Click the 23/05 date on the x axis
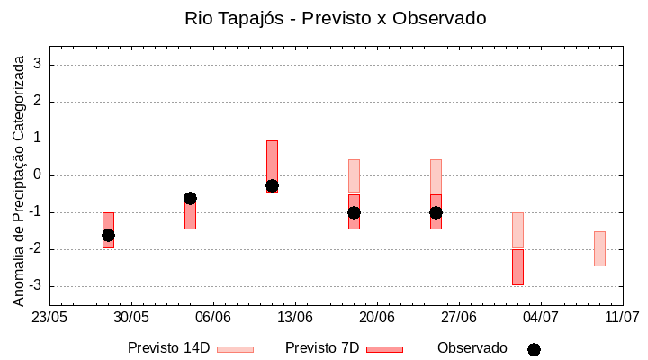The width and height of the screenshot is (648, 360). (x=49, y=318)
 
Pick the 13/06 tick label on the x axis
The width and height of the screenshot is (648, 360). (x=295, y=318)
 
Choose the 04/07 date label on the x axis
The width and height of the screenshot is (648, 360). (x=541, y=318)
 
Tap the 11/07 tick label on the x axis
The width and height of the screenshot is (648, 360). (x=622, y=318)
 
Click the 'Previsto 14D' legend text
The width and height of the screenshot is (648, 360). (x=168, y=348)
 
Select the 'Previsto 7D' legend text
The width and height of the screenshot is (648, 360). (x=322, y=348)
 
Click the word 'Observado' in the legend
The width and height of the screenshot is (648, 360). (x=472, y=348)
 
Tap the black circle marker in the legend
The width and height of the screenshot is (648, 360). (x=534, y=349)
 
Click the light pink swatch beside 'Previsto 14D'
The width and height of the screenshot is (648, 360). (x=235, y=349)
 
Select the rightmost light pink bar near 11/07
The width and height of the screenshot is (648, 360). (x=599, y=248)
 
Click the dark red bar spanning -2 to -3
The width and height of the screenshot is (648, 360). (x=517, y=267)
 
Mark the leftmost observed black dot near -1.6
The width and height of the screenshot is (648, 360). (x=108, y=235)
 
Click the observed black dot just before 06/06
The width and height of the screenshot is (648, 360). (x=190, y=198)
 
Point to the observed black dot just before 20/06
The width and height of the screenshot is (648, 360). (x=354, y=212)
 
